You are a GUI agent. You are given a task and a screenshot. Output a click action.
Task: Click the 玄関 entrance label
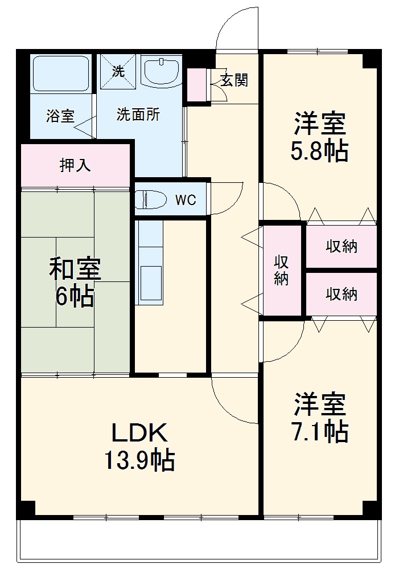pyautogui.click(x=234, y=80)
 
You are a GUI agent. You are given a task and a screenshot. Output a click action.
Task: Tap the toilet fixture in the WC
pyautogui.click(x=151, y=200)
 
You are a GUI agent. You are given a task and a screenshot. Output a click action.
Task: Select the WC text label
pyautogui.click(x=186, y=200)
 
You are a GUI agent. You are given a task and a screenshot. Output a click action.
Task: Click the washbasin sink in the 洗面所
pyautogui.click(x=162, y=72)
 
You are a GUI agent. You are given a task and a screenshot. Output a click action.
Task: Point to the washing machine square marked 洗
pyautogui.click(x=118, y=72)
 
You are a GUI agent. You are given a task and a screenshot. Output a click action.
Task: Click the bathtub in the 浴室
pyautogui.click(x=60, y=73)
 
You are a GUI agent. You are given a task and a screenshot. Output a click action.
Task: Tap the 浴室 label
pyautogui.click(x=60, y=116)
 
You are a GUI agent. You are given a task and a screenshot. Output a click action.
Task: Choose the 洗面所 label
pyautogui.click(x=138, y=115)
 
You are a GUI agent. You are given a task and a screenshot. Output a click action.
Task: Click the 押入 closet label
pyautogui.click(x=75, y=165)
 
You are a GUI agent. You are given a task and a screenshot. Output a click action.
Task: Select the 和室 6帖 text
pyautogui.click(x=75, y=283)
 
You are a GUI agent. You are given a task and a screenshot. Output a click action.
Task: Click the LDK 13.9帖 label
pyautogui.click(x=139, y=446)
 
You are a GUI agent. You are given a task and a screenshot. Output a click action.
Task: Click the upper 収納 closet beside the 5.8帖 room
pyautogui.click(x=342, y=247)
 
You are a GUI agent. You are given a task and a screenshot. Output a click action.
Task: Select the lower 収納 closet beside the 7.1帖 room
pyautogui.click(x=342, y=294)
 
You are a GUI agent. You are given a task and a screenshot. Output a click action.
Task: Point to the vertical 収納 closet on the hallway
pyautogui.click(x=281, y=270)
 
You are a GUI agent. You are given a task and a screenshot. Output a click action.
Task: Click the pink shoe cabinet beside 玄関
pyautogui.click(x=197, y=86)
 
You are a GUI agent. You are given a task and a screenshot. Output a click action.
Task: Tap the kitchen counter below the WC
pyautogui.click(x=150, y=262)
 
